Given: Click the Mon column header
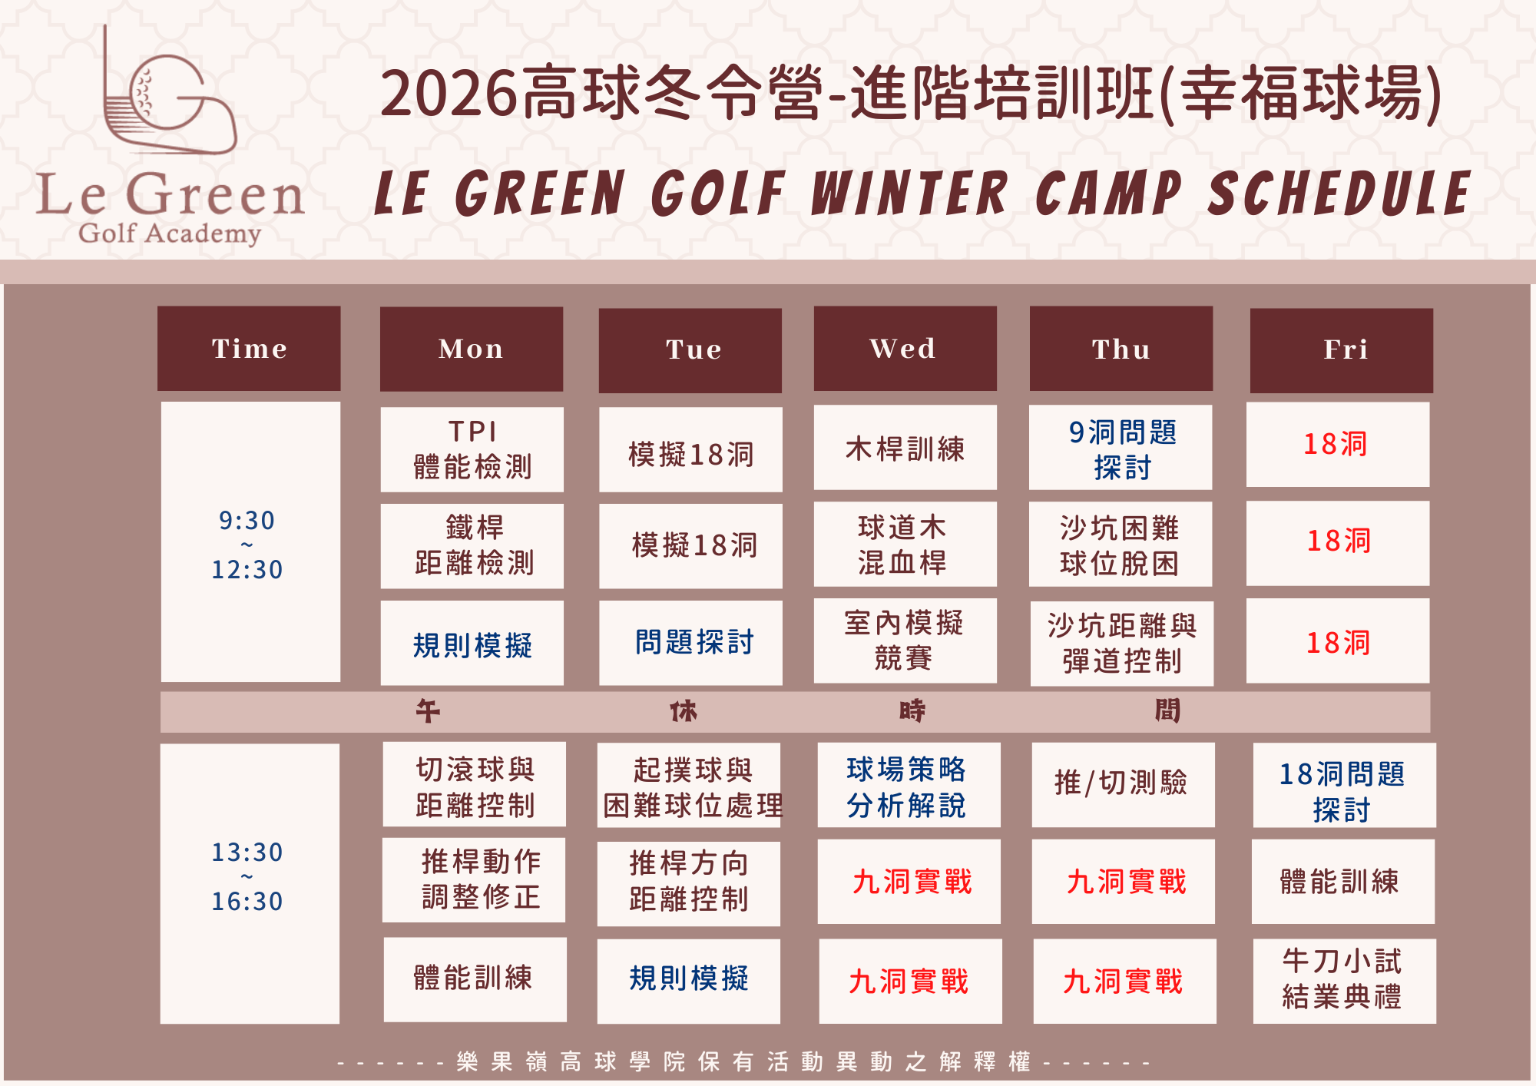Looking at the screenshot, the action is tap(472, 349).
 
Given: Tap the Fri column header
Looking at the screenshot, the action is tap(1342, 350).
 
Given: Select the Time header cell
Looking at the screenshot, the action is tap(249, 349).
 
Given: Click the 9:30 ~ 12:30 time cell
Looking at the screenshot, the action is tap(250, 541).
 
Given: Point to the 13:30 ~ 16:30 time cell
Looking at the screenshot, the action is tap(250, 883).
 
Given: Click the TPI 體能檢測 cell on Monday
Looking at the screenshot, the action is tap(472, 449).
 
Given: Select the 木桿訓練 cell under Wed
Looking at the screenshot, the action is tap(905, 447).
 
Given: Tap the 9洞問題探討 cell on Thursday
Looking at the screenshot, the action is tap(1121, 447).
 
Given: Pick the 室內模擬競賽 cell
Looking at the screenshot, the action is tap(905, 641).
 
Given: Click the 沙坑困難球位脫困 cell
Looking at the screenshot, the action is tap(1121, 544).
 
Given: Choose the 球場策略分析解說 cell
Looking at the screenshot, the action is tap(909, 785).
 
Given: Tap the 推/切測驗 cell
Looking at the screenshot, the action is tap(1124, 785).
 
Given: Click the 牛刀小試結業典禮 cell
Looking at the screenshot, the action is tap(1345, 981).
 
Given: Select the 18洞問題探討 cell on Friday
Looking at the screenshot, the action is tap(1345, 785).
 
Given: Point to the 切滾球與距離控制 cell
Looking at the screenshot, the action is tap(475, 784).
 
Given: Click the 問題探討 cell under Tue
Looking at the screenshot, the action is tap(690, 643).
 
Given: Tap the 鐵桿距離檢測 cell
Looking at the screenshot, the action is tap(472, 546).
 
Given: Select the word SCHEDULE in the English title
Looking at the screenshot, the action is tap(1339, 194).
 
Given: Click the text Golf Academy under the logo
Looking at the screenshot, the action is tap(170, 233).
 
